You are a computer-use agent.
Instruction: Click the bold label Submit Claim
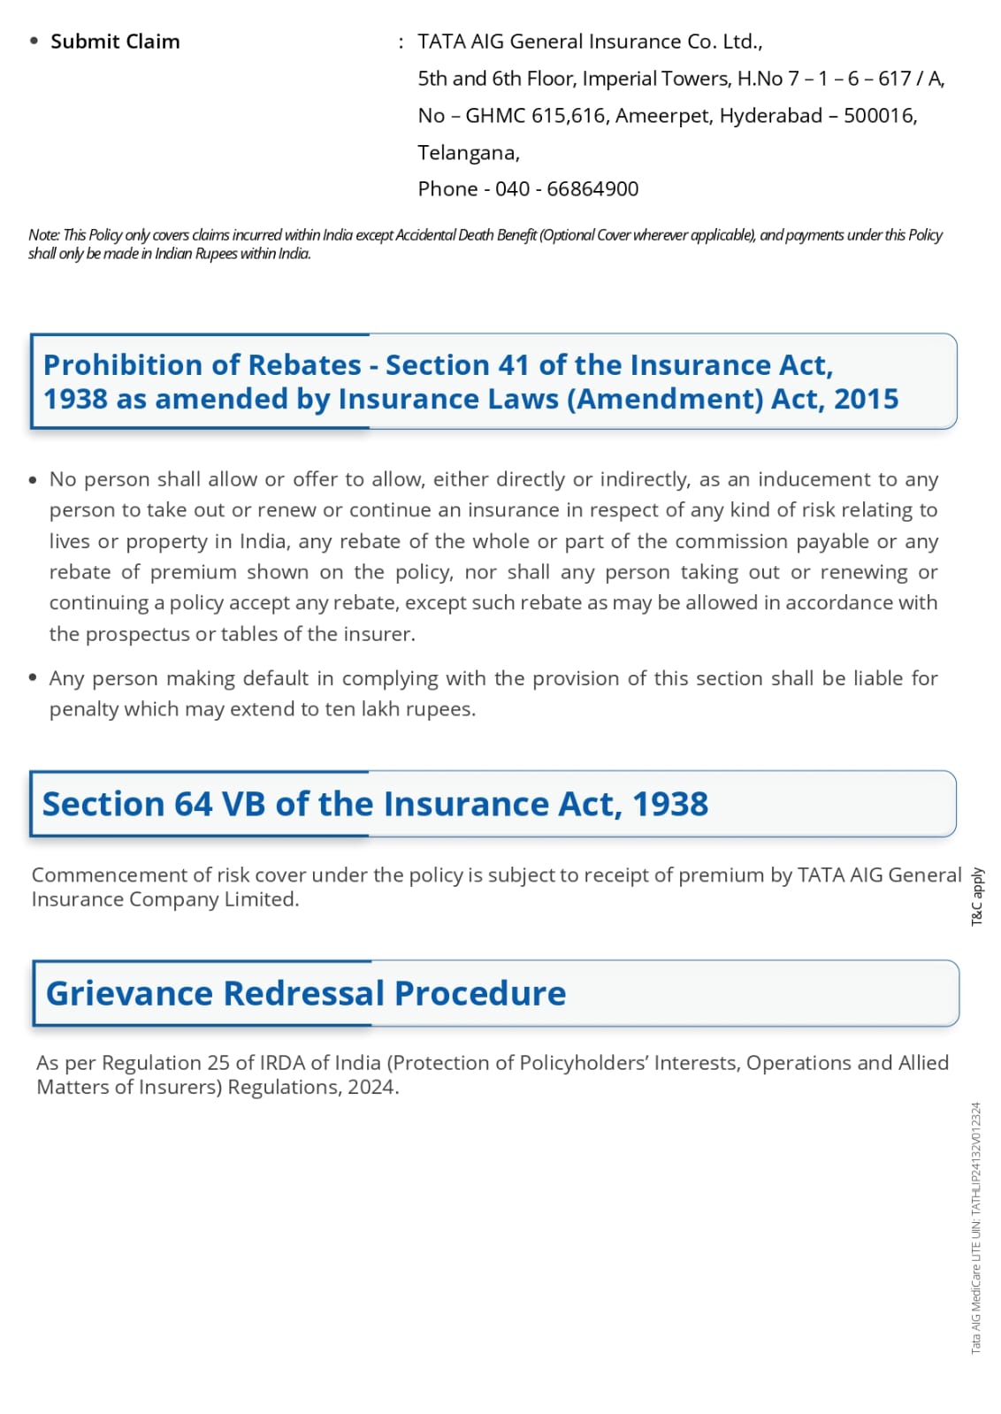pyautogui.click(x=115, y=42)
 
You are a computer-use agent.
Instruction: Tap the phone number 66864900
pyautogui.click(x=592, y=189)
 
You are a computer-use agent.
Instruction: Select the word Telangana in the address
pyautogui.click(x=467, y=153)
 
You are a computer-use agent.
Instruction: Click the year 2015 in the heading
pyautogui.click(x=866, y=400)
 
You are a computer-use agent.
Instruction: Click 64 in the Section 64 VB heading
pyautogui.click(x=193, y=805)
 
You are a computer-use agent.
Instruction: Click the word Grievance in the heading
pyautogui.click(x=129, y=994)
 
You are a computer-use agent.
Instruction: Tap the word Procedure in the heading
pyautogui.click(x=480, y=994)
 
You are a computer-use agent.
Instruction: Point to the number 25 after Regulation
pyautogui.click(x=218, y=1063)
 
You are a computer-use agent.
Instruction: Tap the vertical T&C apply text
pyautogui.click(x=977, y=897)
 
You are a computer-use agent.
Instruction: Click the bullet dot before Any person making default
pyautogui.click(x=33, y=678)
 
